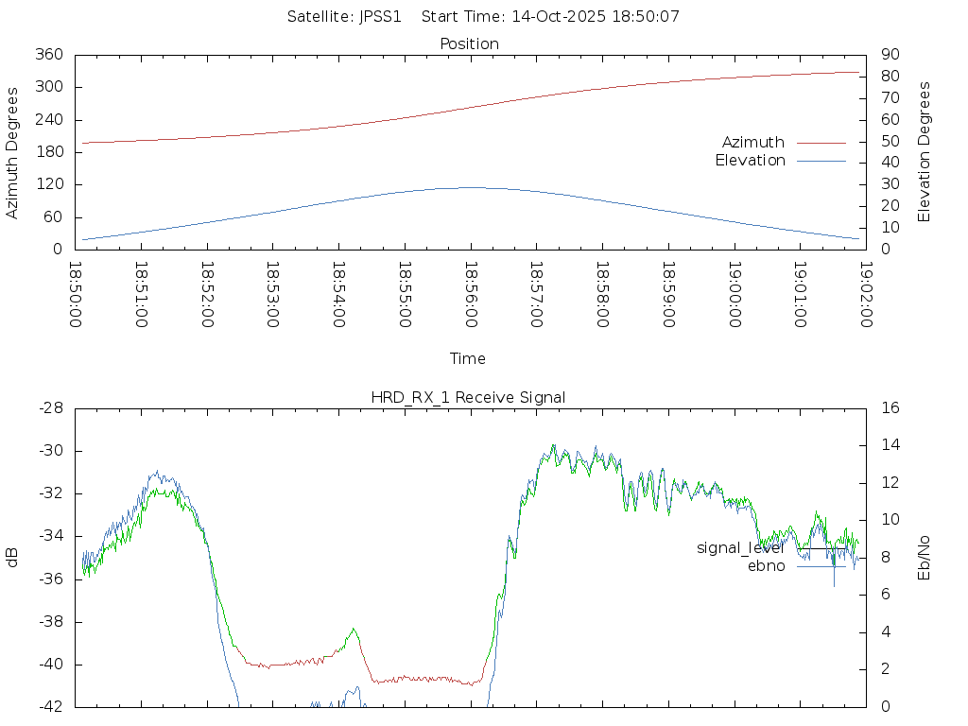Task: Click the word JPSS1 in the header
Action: pyautogui.click(x=381, y=16)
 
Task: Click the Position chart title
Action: pyautogui.click(x=470, y=43)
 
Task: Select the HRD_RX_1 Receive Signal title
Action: pyautogui.click(x=468, y=397)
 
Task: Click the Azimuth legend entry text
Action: pyautogui.click(x=752, y=143)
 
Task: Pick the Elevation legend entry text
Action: pyautogui.click(x=750, y=161)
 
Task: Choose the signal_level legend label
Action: pyautogui.click(x=740, y=548)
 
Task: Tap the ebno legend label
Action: pyautogui.click(x=766, y=566)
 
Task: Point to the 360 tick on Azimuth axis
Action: pyautogui.click(x=48, y=55)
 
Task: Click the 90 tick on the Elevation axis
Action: pyautogui.click(x=889, y=55)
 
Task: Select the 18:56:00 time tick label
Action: pyautogui.click(x=471, y=295)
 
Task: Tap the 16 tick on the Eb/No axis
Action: pyautogui.click(x=889, y=408)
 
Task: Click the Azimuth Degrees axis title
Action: pyautogui.click(x=13, y=152)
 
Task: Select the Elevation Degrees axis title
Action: pyautogui.click(x=925, y=152)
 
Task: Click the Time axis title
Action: pyautogui.click(x=468, y=358)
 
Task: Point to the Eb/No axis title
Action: pyautogui.click(x=925, y=557)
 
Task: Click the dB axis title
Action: pyautogui.click(x=13, y=558)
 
